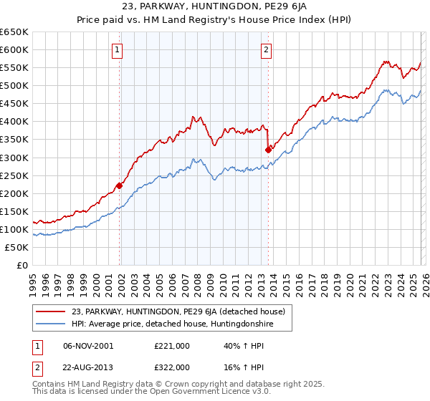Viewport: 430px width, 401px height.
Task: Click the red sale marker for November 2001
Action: (119, 185)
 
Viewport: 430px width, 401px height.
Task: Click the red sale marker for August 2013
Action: (268, 150)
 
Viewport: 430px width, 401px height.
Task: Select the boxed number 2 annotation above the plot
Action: (266, 49)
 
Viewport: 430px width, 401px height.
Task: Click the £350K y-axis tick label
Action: (14, 139)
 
